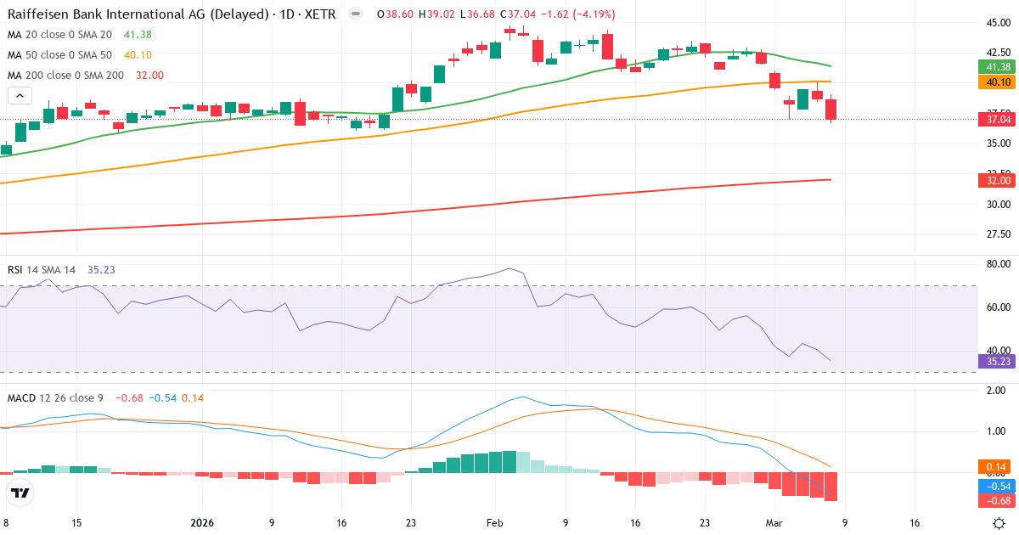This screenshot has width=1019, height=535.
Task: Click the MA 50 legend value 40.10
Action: [138, 54]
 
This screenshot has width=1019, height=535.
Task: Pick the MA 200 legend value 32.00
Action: [149, 75]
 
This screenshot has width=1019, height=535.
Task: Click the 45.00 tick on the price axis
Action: [999, 23]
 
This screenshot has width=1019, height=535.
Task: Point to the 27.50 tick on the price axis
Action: [999, 234]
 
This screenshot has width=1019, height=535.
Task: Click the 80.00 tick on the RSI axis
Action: [999, 264]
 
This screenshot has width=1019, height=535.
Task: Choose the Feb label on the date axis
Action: [496, 523]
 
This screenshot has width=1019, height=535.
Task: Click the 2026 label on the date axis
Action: [202, 523]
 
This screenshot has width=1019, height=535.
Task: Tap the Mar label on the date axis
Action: [774, 523]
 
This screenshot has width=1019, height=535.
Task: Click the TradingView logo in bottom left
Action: [20, 492]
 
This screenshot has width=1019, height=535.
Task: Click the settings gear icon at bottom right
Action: [999, 523]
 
